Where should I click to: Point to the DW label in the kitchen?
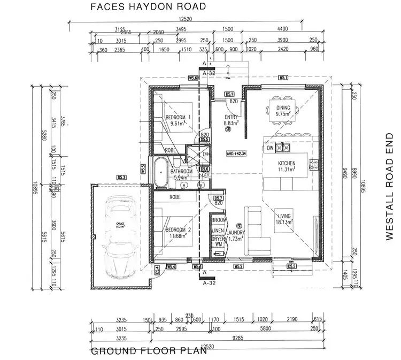tap(270, 148)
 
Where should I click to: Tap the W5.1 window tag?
tap(283, 78)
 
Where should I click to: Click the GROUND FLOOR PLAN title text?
tap(148, 351)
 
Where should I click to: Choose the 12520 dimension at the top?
tap(186, 20)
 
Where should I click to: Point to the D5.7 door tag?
tap(218, 198)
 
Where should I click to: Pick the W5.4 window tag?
tap(171, 266)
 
